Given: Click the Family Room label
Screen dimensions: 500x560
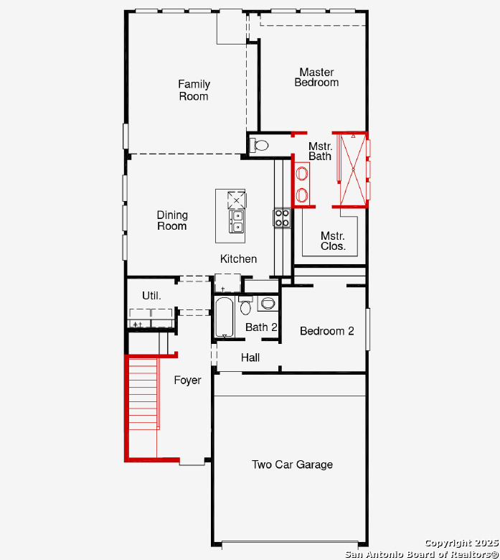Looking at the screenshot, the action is tap(194, 90).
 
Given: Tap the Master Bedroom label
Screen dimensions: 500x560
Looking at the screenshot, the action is tap(316, 77).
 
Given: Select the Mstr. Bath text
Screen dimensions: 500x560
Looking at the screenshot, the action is tap(320, 151).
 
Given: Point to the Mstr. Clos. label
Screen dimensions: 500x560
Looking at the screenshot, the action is tap(333, 241).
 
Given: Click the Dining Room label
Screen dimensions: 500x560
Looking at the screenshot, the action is tap(172, 220).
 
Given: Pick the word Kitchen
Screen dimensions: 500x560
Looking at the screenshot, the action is tap(238, 258).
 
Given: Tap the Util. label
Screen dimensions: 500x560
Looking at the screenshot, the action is tap(151, 295).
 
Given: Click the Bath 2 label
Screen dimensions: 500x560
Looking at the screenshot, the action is tap(261, 327).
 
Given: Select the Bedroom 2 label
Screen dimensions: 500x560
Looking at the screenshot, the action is tap(327, 331).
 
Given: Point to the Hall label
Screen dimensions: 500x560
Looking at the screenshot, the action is tap(250, 357).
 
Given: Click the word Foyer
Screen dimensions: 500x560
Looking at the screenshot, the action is tap(187, 381).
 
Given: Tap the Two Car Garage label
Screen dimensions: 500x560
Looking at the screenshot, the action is tap(292, 465).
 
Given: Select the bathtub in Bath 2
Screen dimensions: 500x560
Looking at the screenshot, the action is tap(225, 317).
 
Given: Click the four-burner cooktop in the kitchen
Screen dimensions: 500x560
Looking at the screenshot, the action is tap(282, 218).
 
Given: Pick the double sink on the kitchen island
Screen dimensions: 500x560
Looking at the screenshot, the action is tap(237, 221).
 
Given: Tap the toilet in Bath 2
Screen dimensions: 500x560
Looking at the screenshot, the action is tap(245, 305).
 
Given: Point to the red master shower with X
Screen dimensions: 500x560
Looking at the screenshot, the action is tap(353, 169).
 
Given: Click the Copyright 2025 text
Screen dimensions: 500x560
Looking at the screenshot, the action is tap(462, 543).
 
